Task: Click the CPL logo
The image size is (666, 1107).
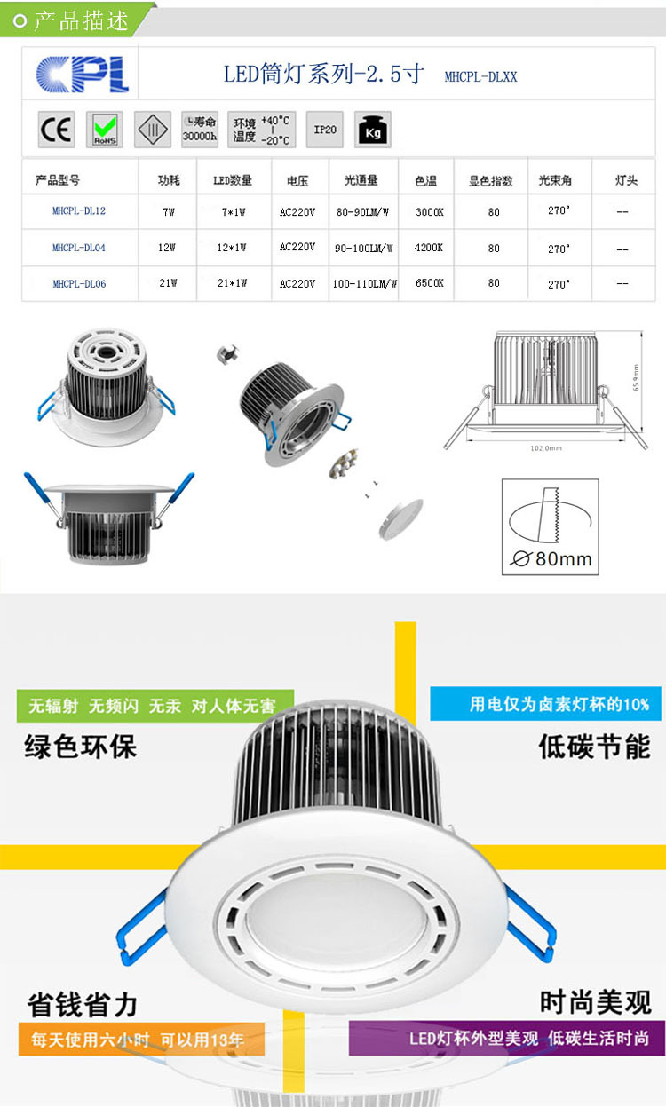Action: point(83,75)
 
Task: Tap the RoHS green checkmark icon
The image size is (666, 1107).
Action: point(105,130)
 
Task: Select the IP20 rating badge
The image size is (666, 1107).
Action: point(325,130)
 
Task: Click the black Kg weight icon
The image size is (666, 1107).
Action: point(373,130)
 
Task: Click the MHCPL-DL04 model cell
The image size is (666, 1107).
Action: point(79,248)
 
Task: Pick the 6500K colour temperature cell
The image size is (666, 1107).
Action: point(429,283)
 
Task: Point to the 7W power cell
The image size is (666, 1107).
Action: point(168,212)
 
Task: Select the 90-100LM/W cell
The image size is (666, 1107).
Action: point(365,248)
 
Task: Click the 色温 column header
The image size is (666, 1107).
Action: point(425,180)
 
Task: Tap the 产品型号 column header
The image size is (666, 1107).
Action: point(58,180)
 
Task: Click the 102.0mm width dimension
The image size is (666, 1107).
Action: point(546,448)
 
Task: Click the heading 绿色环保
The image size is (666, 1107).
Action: point(81,746)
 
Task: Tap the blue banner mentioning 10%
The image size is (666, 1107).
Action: point(546,704)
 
